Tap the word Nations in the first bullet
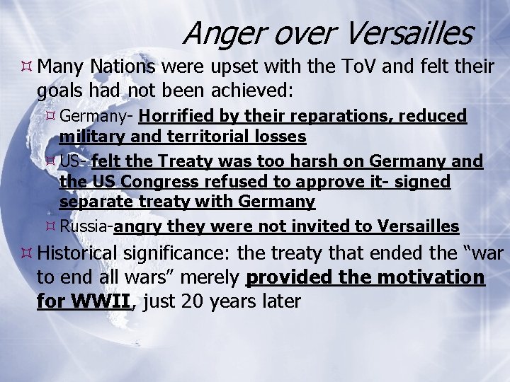(123, 67)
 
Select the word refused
(237, 182)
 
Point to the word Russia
(84, 226)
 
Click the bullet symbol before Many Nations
(27, 67)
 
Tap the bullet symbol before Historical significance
(27, 253)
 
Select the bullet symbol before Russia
(51, 226)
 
